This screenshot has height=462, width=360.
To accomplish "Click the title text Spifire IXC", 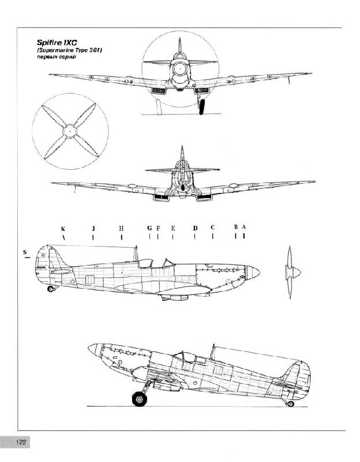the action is click(x=57, y=42).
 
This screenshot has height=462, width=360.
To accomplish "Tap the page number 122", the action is click(x=21, y=442).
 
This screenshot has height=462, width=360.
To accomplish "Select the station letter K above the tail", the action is click(x=63, y=229).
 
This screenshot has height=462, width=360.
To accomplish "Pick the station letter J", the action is click(x=93, y=228).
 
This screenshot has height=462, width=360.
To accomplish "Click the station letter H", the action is click(x=121, y=228).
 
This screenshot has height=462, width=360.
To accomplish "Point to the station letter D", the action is click(x=195, y=228).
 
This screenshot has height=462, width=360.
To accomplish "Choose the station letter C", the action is click(x=213, y=228).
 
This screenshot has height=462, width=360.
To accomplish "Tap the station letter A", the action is click(x=243, y=227).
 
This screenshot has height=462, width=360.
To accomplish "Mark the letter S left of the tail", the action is click(x=25, y=252).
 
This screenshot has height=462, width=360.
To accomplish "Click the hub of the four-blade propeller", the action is click(x=70, y=131).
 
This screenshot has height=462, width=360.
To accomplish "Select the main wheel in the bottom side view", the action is click(x=140, y=398).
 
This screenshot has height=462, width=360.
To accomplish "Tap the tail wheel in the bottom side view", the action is click(x=291, y=404).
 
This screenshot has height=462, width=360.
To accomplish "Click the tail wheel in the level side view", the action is click(x=51, y=289).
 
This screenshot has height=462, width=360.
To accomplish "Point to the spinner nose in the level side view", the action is click(x=253, y=273).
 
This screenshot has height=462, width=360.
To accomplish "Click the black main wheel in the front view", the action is click(x=202, y=107).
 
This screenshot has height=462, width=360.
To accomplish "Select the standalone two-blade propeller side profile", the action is click(x=290, y=272).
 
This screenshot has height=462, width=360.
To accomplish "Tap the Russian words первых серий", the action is click(x=56, y=57).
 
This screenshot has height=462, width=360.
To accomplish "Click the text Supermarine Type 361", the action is click(x=69, y=50).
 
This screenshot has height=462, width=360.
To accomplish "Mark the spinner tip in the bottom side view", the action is click(x=89, y=347).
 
